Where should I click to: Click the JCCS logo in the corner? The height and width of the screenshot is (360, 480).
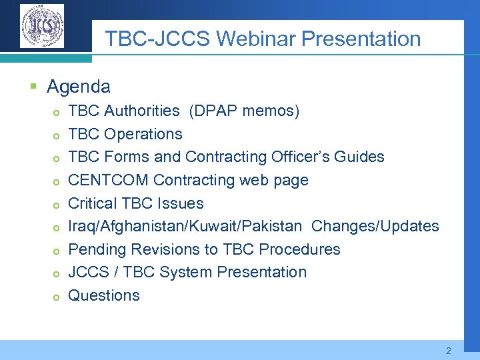42,26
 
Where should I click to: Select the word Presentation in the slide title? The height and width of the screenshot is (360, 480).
361,39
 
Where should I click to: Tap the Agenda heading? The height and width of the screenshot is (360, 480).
79,87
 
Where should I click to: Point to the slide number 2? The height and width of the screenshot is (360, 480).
449,350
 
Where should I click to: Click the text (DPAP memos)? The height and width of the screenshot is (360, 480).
244,111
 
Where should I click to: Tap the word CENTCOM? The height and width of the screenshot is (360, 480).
109,180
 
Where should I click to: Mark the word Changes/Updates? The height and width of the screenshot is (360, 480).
375,226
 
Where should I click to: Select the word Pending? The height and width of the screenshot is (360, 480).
98,249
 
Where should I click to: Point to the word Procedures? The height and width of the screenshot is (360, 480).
299,249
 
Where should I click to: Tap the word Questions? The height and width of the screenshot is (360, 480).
104,295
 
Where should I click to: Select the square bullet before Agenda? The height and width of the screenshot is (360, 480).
33,87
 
